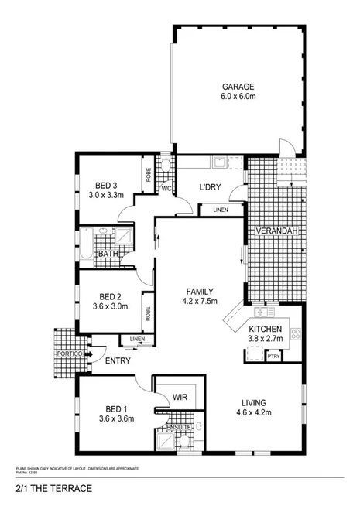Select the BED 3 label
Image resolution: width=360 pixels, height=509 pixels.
click(x=107, y=185)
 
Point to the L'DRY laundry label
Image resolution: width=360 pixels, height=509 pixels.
click(x=211, y=187)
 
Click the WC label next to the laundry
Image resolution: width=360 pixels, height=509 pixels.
click(x=166, y=188)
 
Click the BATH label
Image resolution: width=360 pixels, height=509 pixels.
click(x=108, y=254)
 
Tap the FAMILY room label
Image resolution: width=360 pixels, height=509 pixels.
click(x=199, y=290)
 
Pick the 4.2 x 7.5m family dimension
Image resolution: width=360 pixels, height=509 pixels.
click(x=199, y=301)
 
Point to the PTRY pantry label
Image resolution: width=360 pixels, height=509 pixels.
click(x=273, y=357)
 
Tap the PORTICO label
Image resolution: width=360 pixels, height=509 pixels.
click(x=68, y=354)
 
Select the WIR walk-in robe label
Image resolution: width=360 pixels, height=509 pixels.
click(x=180, y=396)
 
